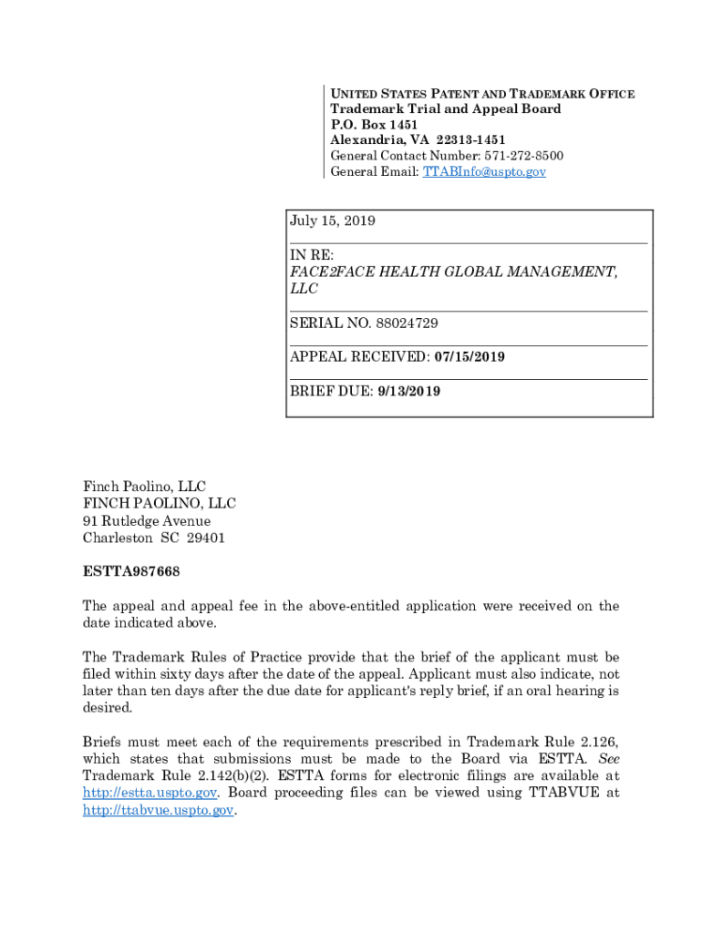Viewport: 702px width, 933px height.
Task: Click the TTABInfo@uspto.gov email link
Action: tap(484, 171)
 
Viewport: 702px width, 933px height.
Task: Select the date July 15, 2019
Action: tap(333, 221)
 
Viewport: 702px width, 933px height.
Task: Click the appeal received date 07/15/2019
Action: tap(470, 356)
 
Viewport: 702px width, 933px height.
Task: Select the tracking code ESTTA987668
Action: tap(131, 572)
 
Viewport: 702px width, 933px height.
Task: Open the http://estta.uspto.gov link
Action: tap(150, 793)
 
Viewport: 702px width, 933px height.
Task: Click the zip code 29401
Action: tap(205, 538)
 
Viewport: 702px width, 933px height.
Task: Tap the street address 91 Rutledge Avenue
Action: tap(147, 521)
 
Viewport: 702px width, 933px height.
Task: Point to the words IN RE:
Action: tap(312, 255)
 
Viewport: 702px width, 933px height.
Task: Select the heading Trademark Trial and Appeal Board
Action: tap(446, 109)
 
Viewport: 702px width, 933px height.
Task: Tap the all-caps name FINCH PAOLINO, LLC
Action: tap(160, 504)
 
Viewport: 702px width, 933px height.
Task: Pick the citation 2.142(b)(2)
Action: tap(203, 775)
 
